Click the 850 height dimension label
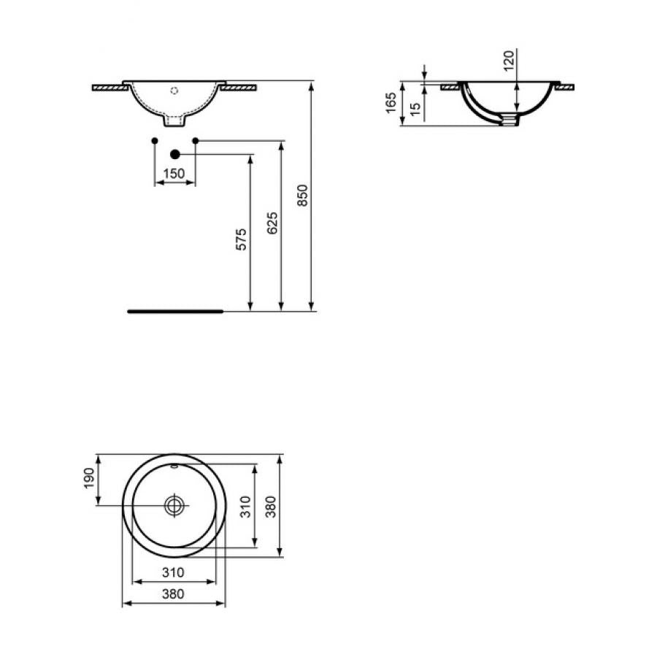302,195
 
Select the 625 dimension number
272,223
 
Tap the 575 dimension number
242,239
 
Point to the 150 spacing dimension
174,173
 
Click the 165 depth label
391,103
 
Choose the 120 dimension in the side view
509,61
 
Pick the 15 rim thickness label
415,109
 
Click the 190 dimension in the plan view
89,478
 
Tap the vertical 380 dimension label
272,506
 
